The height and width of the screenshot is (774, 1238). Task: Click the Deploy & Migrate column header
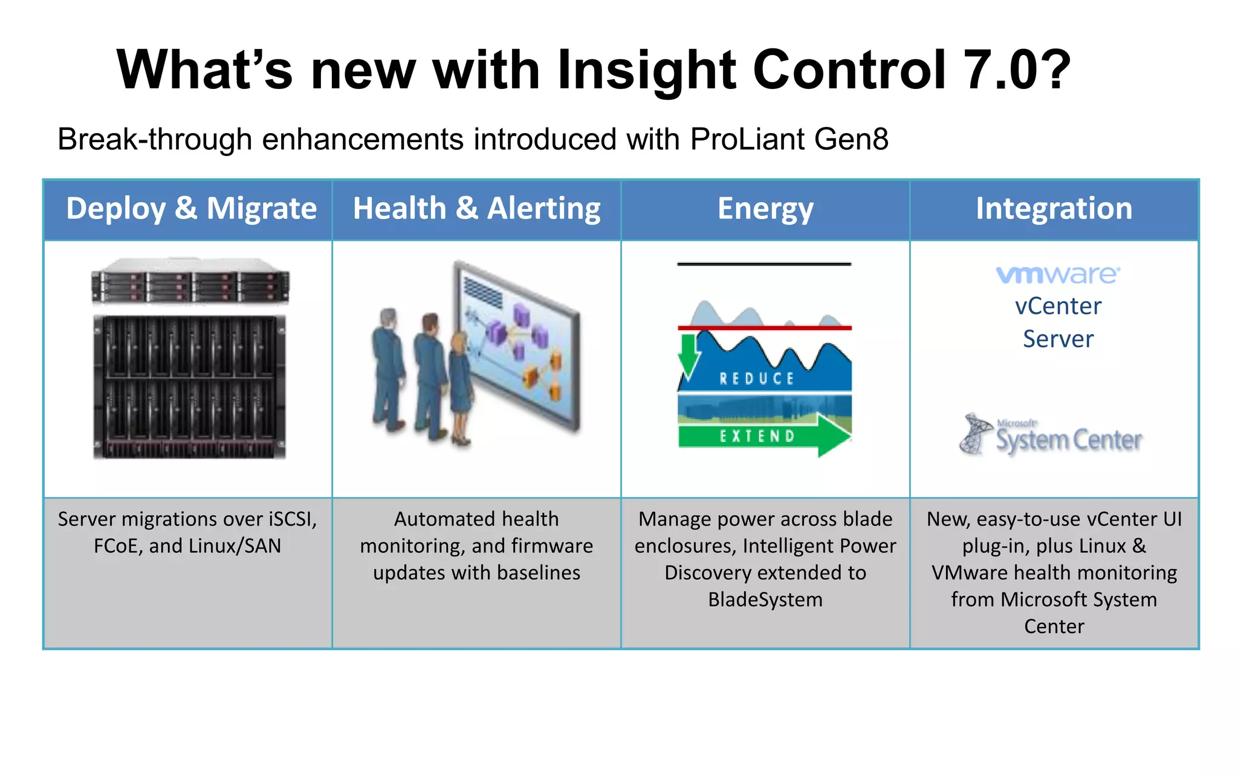pyautogui.click(x=190, y=209)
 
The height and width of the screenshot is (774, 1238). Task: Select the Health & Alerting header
pyautogui.click(x=476, y=209)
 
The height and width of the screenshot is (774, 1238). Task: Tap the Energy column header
pyautogui.click(x=765, y=209)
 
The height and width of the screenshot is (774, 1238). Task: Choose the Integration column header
pyautogui.click(x=1054, y=209)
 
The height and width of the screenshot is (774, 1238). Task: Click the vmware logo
pyautogui.click(x=1058, y=275)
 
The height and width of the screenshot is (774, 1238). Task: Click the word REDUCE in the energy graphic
pyautogui.click(x=757, y=379)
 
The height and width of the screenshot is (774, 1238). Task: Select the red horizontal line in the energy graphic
pyautogui.click(x=765, y=328)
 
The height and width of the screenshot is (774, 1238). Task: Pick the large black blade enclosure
pyautogui.click(x=190, y=387)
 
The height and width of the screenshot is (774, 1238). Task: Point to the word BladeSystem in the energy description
pyautogui.click(x=765, y=599)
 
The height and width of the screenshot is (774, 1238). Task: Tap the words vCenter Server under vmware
pyautogui.click(x=1058, y=322)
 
